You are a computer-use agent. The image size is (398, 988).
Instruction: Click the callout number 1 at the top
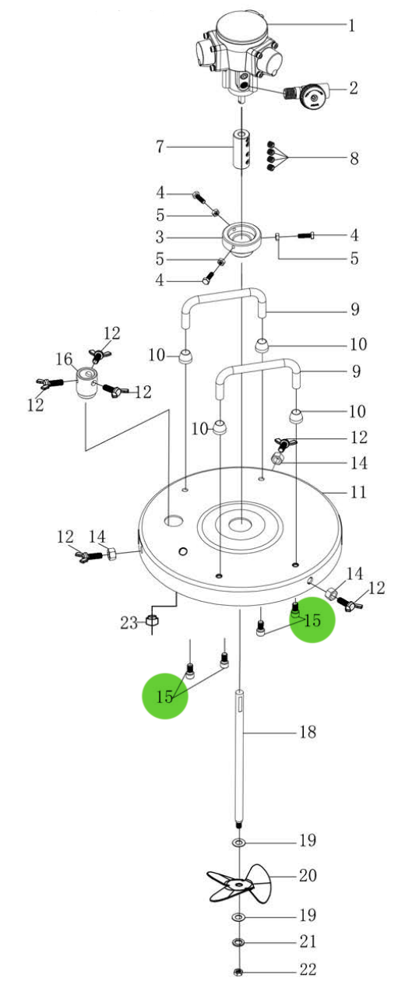click(x=351, y=25)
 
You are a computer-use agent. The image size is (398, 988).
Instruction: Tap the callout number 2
click(x=353, y=88)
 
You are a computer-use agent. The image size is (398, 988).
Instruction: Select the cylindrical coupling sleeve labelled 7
click(x=242, y=148)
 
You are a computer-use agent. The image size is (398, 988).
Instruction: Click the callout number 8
click(x=354, y=158)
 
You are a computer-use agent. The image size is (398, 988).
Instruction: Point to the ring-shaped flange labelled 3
click(x=241, y=241)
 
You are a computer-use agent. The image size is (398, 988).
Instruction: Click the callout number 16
click(x=65, y=359)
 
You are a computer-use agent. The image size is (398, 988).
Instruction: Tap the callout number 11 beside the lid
click(x=358, y=491)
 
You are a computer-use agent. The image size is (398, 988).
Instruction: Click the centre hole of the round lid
click(x=241, y=523)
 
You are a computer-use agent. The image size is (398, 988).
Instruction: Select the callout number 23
click(x=129, y=623)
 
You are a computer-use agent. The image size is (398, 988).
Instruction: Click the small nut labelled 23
click(x=152, y=621)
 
